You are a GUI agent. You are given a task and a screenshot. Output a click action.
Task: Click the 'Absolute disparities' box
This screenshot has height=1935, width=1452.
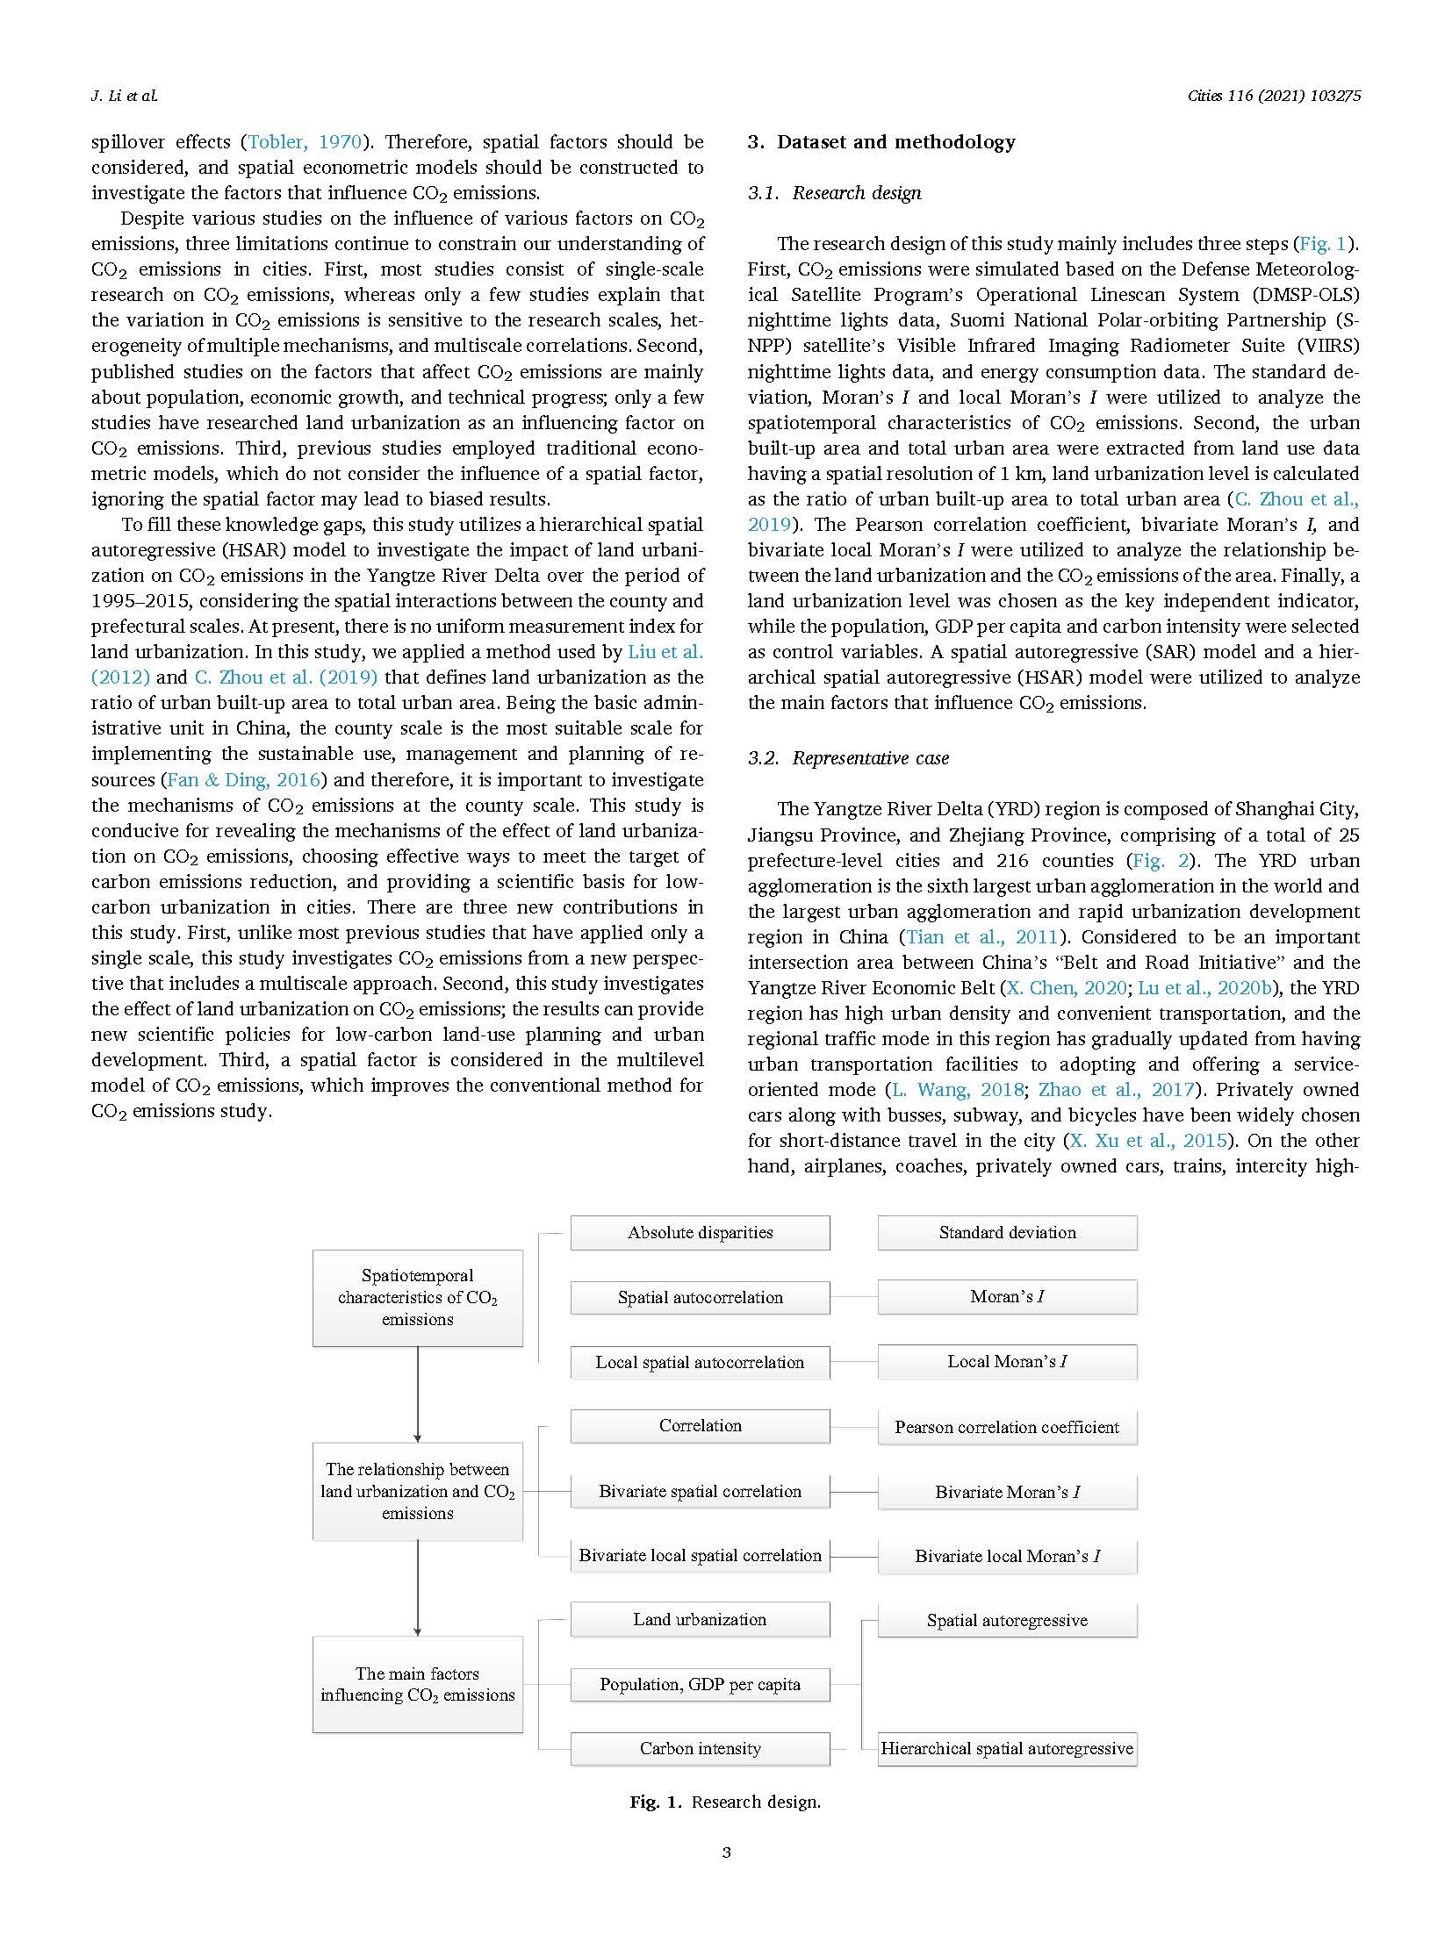pos(700,1232)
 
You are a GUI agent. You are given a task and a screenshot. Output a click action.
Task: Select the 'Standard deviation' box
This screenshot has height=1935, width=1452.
pos(1007,1232)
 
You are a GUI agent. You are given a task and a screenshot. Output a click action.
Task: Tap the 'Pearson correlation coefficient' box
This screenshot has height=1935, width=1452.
pos(1007,1427)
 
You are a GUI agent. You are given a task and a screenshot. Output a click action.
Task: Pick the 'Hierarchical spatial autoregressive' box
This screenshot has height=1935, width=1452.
pos(1007,1748)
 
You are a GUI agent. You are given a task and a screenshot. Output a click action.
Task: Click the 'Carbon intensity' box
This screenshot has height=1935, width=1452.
pos(700,1748)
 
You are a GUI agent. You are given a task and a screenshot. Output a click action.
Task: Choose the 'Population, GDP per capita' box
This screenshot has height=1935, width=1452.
pos(700,1684)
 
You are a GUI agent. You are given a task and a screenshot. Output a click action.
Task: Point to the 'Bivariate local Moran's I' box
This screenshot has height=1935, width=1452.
pos(1007,1556)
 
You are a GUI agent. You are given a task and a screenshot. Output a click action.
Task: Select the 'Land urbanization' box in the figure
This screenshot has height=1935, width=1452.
pos(700,1619)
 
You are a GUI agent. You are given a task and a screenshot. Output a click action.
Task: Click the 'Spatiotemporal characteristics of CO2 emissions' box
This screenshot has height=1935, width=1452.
pos(418,1298)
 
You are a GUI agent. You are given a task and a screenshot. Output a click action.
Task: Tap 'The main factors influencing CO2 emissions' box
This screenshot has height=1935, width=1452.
pos(418,1684)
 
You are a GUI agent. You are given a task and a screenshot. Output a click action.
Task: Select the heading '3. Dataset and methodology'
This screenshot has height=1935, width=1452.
pos(881,142)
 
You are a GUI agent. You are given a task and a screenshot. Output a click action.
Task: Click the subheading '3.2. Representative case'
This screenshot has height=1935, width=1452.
pos(848,758)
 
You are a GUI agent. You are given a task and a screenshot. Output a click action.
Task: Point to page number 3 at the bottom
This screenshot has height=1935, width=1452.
pos(726,1853)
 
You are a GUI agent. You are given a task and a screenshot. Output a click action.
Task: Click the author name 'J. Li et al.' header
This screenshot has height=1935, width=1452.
pos(125,96)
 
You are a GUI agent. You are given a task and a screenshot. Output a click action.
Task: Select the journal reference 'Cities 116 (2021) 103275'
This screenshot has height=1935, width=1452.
pos(1274,96)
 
